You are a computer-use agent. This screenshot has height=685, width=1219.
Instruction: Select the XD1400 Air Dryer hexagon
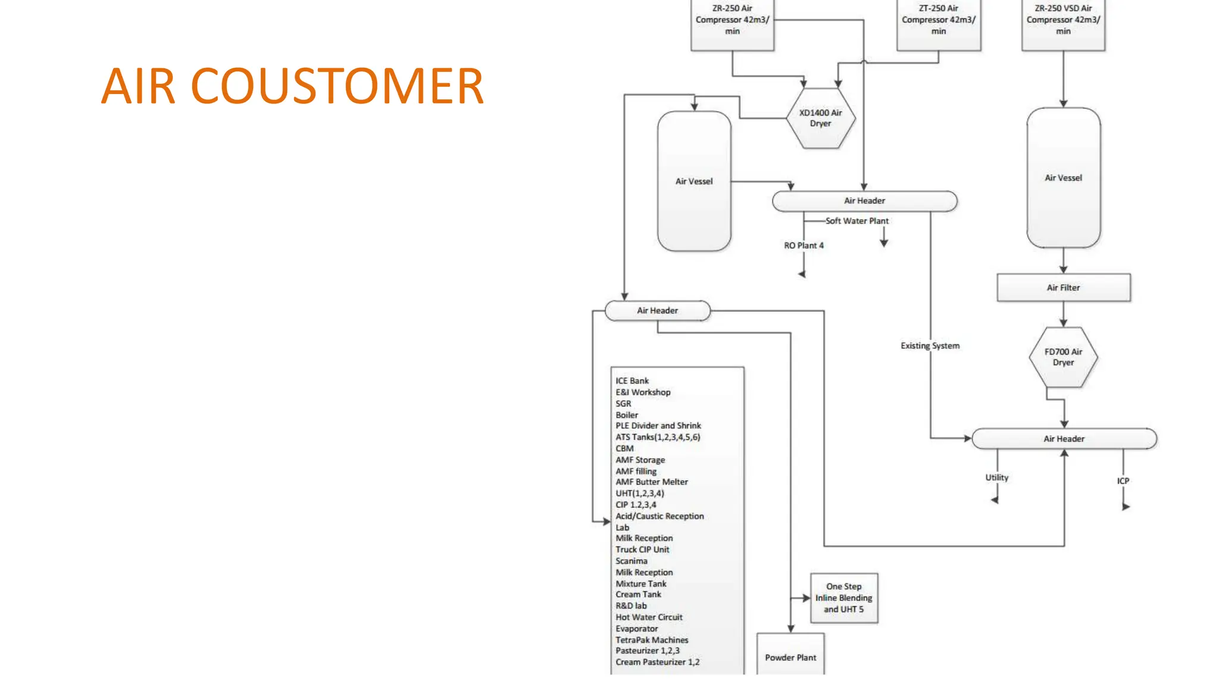point(820,118)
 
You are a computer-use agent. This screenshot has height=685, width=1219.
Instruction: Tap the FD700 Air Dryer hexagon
point(1063,357)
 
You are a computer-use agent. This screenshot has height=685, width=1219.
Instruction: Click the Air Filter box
point(1063,288)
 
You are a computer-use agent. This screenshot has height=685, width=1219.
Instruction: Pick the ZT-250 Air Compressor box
point(938,24)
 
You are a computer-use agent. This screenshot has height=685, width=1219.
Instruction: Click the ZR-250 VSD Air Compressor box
point(1063,24)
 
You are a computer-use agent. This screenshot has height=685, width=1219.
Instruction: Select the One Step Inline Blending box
point(843,598)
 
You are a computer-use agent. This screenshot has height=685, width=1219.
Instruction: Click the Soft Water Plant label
point(857,221)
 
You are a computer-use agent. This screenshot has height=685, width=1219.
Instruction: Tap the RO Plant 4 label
point(804,246)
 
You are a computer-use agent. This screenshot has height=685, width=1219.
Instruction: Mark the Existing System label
point(930,346)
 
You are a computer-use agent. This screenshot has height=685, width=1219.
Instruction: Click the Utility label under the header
point(996,477)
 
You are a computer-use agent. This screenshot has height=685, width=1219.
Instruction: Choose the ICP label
point(1123,481)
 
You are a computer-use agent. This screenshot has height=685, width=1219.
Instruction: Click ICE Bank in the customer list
point(632,381)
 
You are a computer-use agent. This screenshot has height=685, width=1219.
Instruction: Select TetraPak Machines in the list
point(652,640)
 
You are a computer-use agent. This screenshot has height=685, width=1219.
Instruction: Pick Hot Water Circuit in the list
point(649,618)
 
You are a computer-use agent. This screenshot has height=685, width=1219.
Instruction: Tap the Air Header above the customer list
point(657,311)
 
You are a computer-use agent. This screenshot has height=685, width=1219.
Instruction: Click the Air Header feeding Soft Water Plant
point(864,201)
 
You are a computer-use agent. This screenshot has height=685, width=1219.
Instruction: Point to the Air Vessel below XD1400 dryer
point(694,181)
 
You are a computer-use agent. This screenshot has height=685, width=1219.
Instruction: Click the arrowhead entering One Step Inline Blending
point(806,598)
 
